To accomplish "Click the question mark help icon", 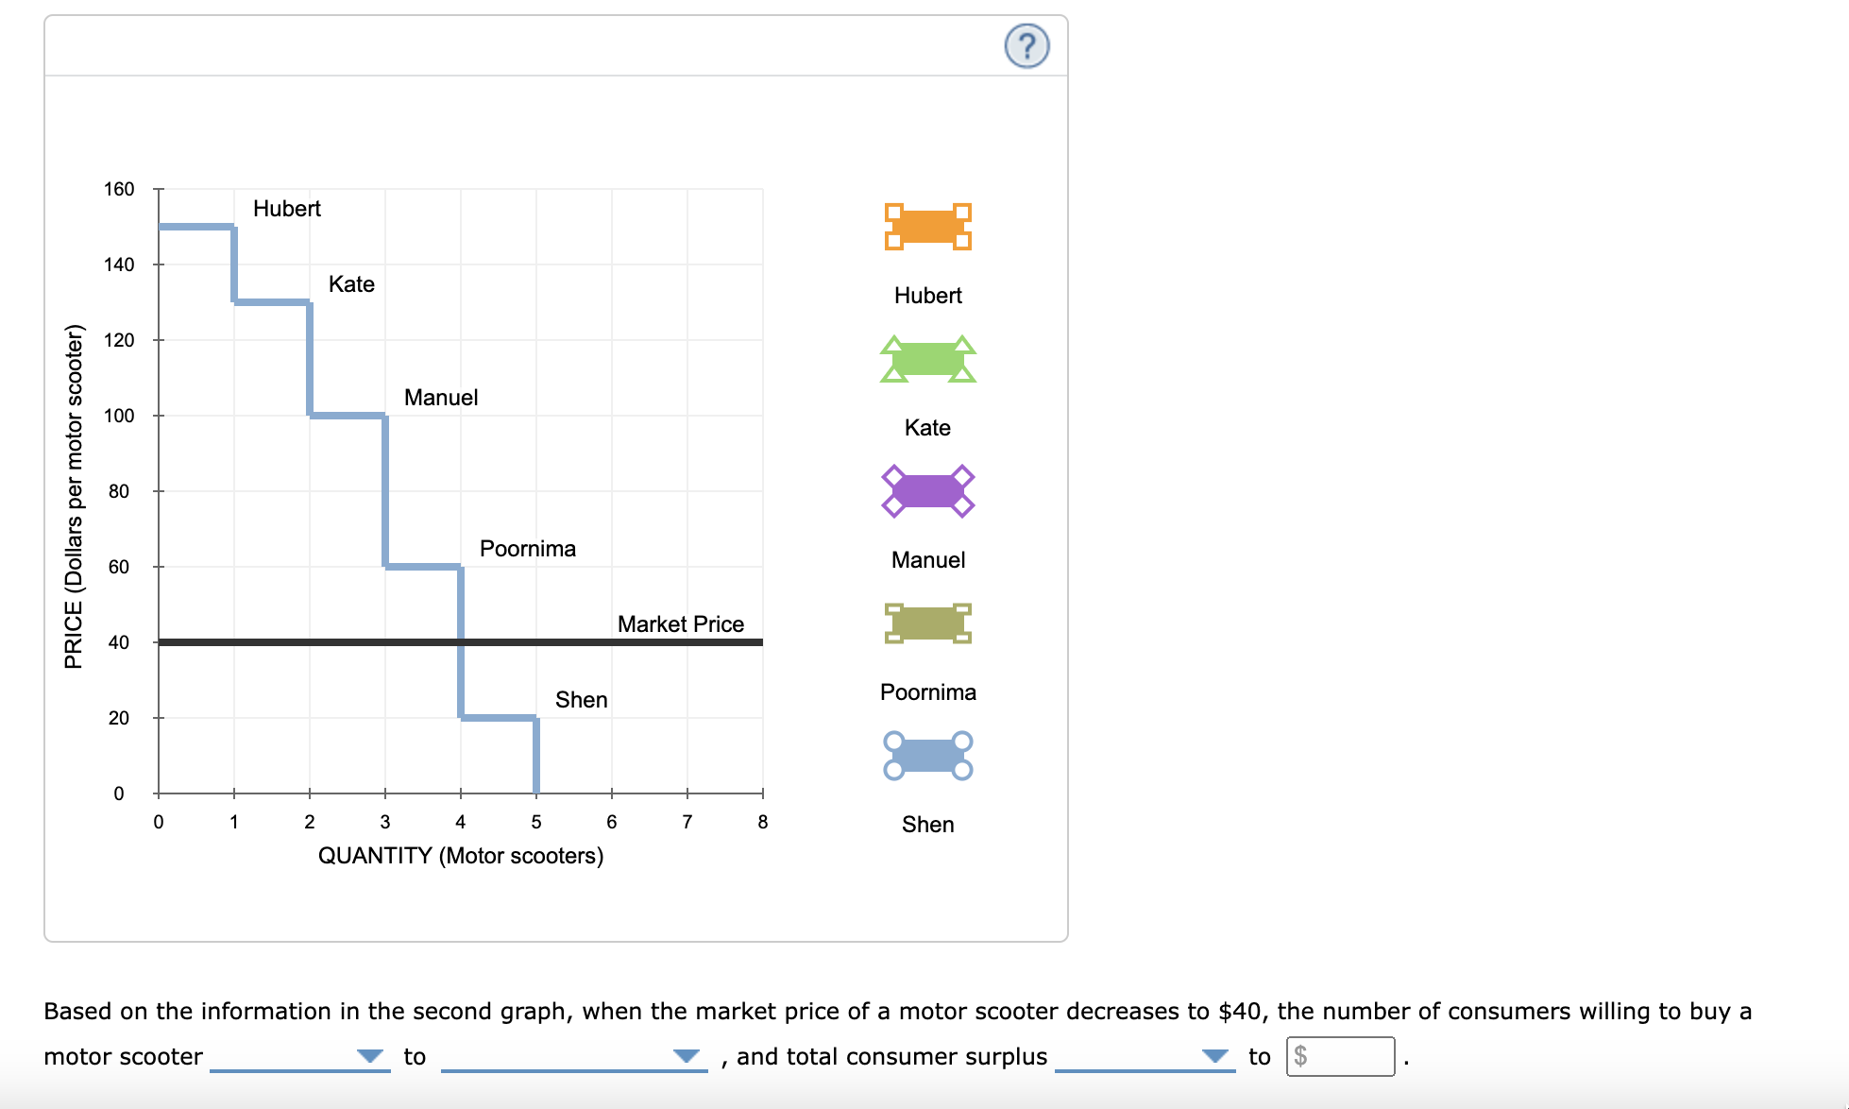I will (1026, 46).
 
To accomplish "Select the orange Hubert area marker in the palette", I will (927, 227).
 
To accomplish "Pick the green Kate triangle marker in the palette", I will (927, 360).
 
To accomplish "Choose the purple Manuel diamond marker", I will (927, 491).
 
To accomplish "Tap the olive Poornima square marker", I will (927, 623).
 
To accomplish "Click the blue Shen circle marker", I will (927, 756).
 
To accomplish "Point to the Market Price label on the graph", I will (680, 624).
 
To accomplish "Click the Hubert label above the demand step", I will (286, 209).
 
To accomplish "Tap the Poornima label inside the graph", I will (527, 549).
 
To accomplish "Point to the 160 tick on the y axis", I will (119, 189).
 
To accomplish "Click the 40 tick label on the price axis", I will (119, 642).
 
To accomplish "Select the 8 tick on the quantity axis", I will (762, 822).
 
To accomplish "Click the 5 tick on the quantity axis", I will (536, 822).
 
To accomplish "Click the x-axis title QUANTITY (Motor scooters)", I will (460, 856).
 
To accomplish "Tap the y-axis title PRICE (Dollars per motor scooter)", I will (74, 496).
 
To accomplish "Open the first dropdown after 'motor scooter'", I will (299, 1056).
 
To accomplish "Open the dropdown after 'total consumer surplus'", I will (1145, 1056).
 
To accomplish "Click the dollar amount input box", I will (1340, 1056).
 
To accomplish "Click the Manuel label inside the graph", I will (441, 398).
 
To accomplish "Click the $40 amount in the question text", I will (1241, 1012).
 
